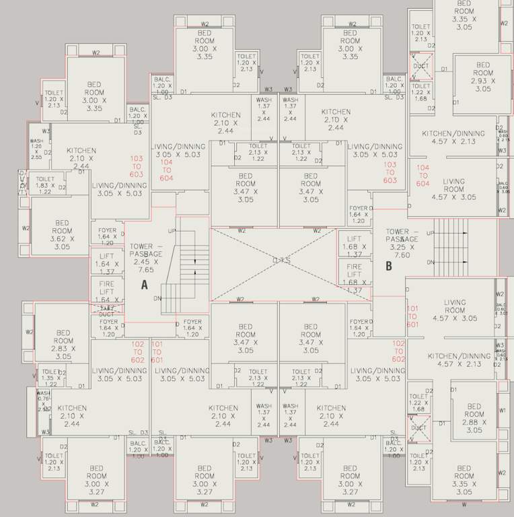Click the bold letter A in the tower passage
tap(143, 285)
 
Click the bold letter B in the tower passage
tap(388, 265)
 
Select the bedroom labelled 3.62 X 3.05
tap(62, 234)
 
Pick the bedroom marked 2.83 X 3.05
tap(63, 344)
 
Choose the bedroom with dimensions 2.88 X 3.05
tap(474, 417)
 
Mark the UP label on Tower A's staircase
tap(172, 231)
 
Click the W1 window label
tap(502, 410)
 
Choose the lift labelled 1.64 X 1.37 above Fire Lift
tap(106, 264)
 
